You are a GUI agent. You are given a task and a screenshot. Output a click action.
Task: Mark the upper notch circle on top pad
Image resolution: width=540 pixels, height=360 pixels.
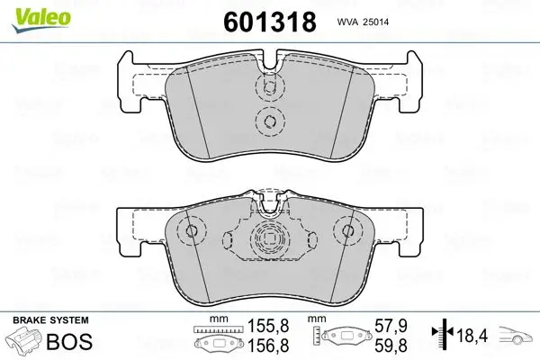coord(267,87)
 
